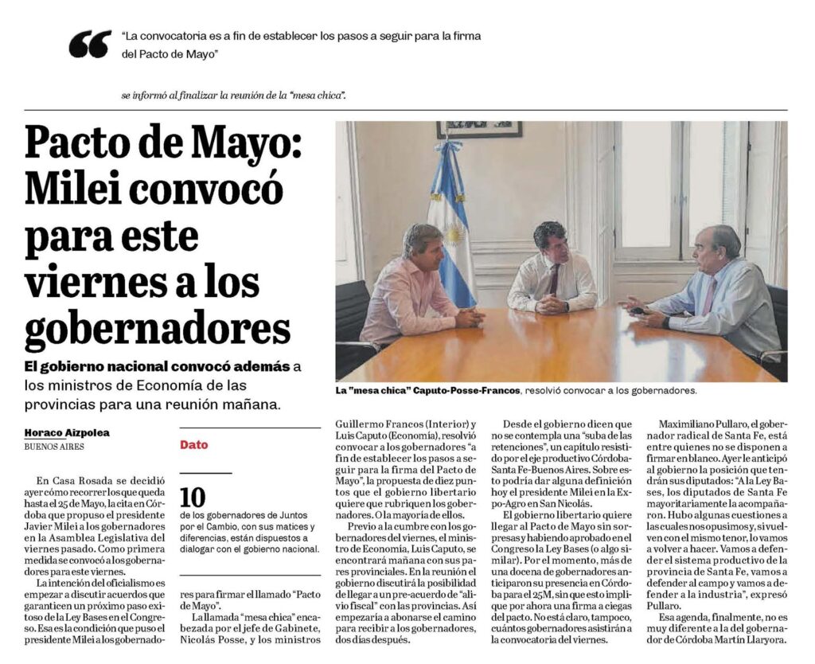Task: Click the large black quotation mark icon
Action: (x=89, y=45)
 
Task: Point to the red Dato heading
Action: (x=193, y=445)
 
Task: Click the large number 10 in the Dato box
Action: (x=192, y=498)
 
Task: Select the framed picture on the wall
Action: (x=478, y=129)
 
